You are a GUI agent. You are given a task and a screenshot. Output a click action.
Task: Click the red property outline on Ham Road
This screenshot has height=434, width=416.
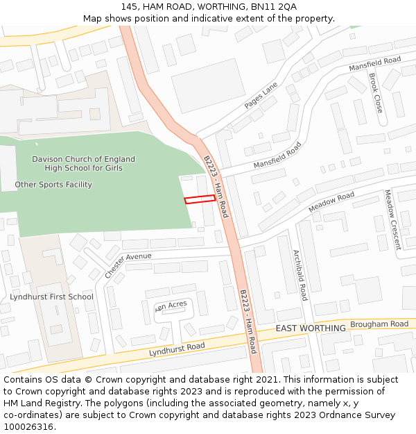(200, 199)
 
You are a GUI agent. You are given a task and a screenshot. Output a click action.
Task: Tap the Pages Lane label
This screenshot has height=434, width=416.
(261, 95)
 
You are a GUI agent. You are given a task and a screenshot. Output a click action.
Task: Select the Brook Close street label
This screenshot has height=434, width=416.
(375, 93)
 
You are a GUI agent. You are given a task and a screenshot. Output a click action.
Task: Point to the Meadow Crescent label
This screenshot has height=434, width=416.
(392, 219)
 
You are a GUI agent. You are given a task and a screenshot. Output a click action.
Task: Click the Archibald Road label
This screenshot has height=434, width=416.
(300, 275)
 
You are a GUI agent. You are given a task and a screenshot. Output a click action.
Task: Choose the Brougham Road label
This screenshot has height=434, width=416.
(379, 324)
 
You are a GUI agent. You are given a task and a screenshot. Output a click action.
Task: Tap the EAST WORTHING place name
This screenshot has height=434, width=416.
(311, 328)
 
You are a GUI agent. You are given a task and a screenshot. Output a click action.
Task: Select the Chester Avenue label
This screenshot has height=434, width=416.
(128, 265)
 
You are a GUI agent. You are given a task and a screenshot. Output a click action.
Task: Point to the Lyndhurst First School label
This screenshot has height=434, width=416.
(51, 297)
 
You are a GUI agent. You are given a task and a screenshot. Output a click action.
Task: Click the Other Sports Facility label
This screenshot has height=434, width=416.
(53, 185)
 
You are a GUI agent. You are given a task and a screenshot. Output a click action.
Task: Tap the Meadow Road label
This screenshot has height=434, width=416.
(331, 202)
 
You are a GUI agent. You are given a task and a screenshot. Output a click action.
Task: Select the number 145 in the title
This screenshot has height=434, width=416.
(129, 6)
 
